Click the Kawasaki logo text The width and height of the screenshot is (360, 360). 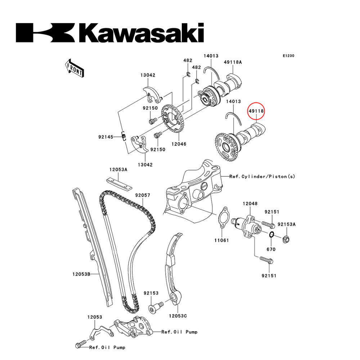(x=110, y=33)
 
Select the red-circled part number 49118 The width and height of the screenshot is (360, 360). (x=256, y=112)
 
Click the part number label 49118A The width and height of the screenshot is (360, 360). (x=233, y=62)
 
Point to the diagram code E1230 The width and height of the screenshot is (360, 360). (x=288, y=56)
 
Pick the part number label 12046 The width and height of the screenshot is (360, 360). (x=179, y=144)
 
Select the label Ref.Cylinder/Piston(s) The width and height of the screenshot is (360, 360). (x=262, y=176)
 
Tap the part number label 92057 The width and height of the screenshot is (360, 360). (x=143, y=195)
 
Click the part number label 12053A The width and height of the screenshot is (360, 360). (x=118, y=169)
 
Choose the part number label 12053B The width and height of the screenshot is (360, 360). (x=81, y=274)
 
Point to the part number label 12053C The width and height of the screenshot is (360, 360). (x=178, y=316)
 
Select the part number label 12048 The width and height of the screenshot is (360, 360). (x=250, y=204)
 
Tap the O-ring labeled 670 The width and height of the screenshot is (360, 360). (x=272, y=235)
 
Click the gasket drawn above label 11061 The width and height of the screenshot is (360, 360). (x=224, y=217)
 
